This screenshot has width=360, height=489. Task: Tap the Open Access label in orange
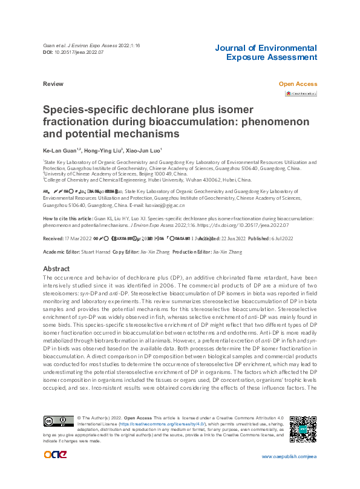pyautogui.click(x=298, y=84)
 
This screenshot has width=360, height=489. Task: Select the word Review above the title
pyautogui.click(x=53, y=84)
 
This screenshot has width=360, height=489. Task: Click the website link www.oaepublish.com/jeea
pyautogui.click(x=289, y=473)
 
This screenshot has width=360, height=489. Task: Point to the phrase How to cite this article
pyautogui.click(x=68, y=218)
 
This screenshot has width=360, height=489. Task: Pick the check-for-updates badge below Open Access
pyautogui.click(x=301, y=94)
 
